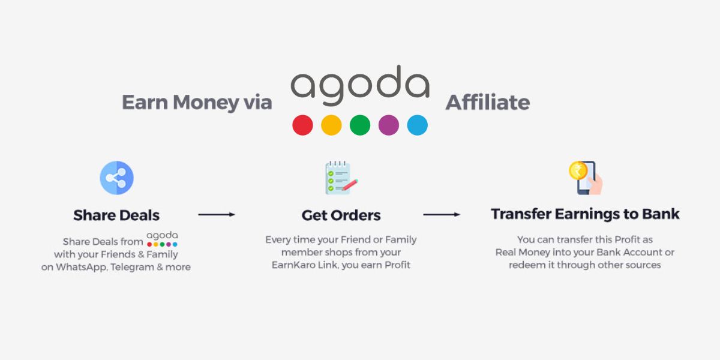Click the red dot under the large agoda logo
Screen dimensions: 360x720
tap(302, 125)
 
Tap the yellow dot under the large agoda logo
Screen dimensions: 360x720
tap(331, 125)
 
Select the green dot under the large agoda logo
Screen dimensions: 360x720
tap(360, 125)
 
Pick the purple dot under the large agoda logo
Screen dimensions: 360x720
tap(389, 125)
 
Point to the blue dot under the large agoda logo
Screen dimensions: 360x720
tap(418, 125)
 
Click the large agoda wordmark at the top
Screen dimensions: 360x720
tap(360, 86)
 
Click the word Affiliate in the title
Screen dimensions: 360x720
tap(487, 103)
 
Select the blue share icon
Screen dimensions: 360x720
tap(116, 178)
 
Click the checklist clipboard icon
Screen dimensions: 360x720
tap(340, 178)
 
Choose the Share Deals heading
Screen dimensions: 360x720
tap(116, 215)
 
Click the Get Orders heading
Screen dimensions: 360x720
tap(341, 215)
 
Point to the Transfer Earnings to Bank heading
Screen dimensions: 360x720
tap(585, 214)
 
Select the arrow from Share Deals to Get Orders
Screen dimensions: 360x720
tap(217, 214)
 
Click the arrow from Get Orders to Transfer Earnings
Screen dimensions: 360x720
tap(442, 214)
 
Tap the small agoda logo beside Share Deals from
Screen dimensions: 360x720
tap(162, 239)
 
